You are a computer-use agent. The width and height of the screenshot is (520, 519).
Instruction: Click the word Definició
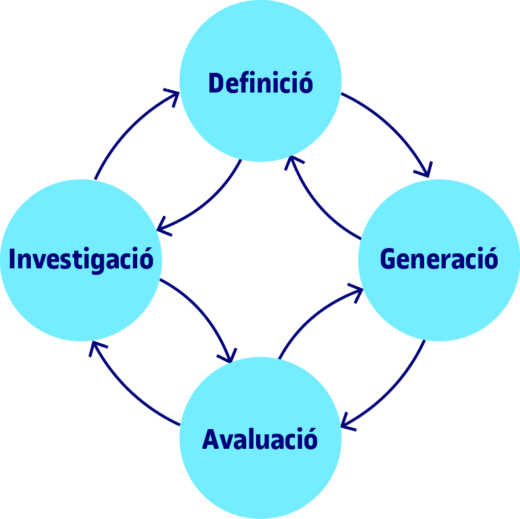(x=261, y=84)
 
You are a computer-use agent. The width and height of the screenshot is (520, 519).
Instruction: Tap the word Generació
(x=439, y=259)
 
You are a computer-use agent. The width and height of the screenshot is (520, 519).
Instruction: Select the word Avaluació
(x=260, y=439)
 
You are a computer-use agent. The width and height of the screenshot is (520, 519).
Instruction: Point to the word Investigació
(x=81, y=259)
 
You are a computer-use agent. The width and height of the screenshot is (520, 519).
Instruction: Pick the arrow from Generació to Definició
(x=315, y=203)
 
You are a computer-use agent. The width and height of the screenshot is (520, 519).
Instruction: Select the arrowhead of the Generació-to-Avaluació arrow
(x=345, y=426)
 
